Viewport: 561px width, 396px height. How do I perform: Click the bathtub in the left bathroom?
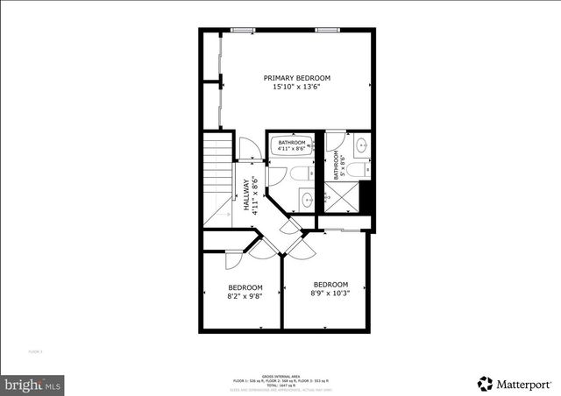[292, 145]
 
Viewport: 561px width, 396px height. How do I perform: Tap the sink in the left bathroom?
[307, 201]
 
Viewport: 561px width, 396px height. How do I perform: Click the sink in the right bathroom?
[362, 145]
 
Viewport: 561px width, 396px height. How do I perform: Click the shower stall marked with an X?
[343, 198]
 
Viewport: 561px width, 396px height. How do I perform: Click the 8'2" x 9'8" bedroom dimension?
[245, 297]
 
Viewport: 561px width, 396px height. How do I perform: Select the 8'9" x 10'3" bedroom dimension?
[330, 293]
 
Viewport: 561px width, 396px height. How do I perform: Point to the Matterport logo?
[515, 383]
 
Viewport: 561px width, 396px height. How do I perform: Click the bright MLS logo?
[33, 384]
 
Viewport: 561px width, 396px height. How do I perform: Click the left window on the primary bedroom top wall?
[244, 31]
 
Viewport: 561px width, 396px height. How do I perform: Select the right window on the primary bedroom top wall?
[328, 31]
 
